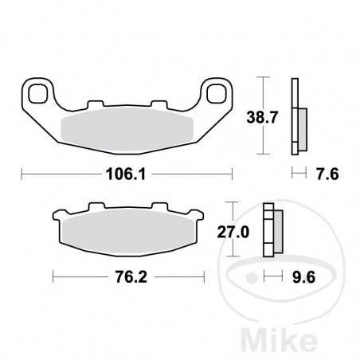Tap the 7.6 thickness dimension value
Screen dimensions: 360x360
(328, 174)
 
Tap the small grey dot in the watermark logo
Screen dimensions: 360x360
(252, 278)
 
